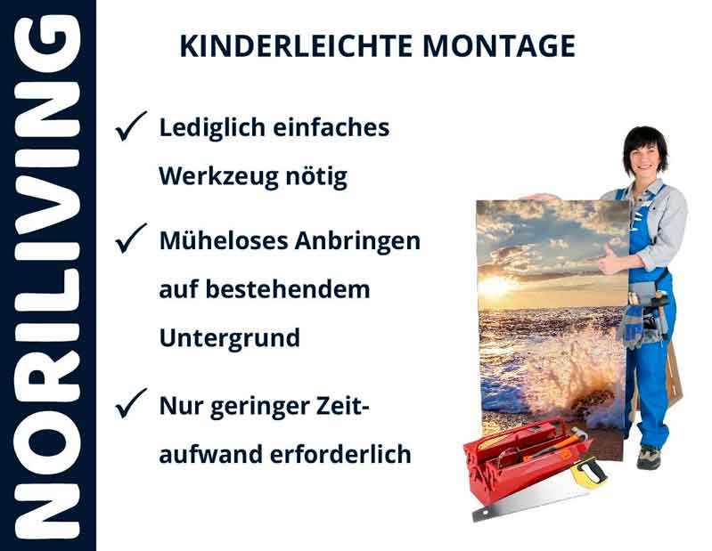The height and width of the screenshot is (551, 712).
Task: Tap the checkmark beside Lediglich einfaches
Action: pyautogui.click(x=131, y=129)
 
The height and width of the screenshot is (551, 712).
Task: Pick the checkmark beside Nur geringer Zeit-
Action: pyautogui.click(x=131, y=406)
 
